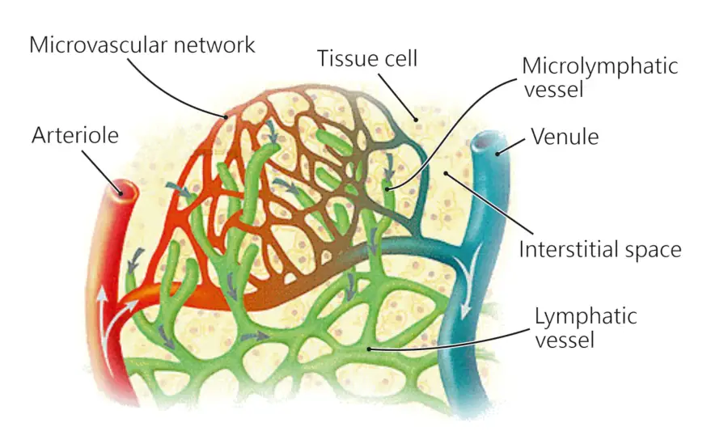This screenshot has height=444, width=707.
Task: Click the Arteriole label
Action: coord(74,135)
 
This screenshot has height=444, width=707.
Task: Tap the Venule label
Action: coord(565,137)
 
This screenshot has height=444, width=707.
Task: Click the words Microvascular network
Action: coord(142,44)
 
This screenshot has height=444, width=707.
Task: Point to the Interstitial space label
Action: coord(599,248)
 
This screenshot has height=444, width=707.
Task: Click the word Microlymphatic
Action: coord(599,66)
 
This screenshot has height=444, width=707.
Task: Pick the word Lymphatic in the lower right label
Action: coord(585,315)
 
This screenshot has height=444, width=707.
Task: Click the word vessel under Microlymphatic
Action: coord(553,89)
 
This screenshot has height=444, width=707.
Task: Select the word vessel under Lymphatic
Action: coord(564,339)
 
